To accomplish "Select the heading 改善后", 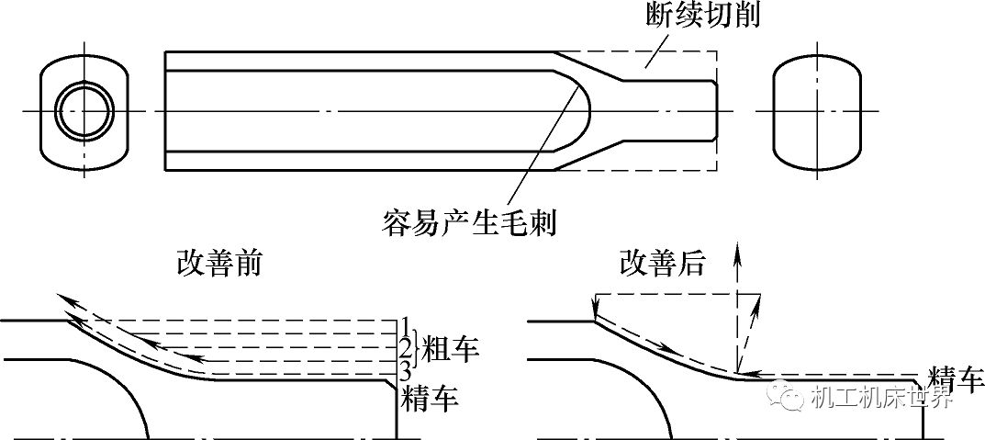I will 662,264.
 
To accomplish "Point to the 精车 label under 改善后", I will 956,378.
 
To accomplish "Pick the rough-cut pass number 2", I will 404,347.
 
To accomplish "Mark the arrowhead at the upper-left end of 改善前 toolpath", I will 61,299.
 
